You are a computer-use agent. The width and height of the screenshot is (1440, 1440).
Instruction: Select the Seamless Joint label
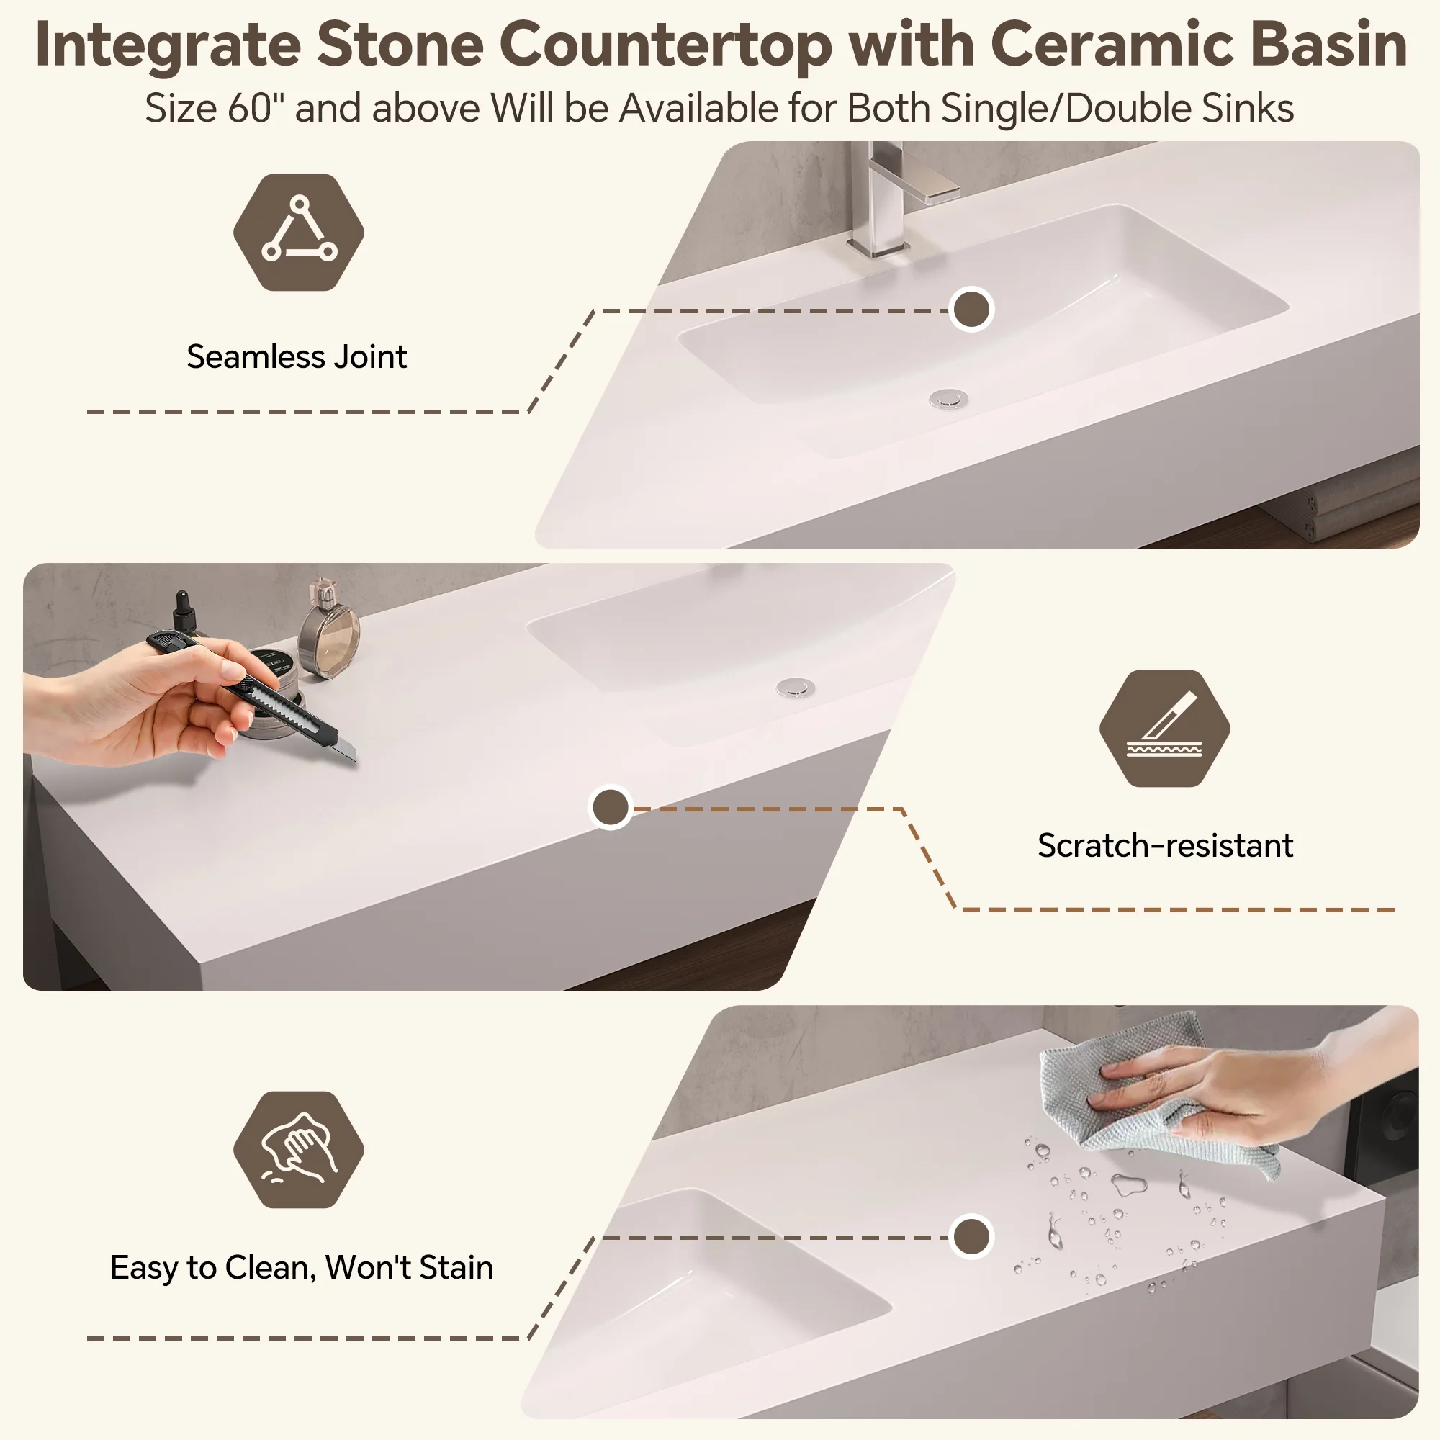[x=297, y=356]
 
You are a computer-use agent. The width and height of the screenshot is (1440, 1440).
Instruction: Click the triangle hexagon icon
[x=298, y=232]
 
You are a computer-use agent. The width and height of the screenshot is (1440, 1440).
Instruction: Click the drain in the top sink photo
[x=948, y=400]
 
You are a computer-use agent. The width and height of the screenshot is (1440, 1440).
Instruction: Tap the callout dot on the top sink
[x=971, y=310]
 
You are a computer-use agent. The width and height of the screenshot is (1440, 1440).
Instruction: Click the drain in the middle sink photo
[x=796, y=686]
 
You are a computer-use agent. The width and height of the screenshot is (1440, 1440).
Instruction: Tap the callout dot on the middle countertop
[x=611, y=807]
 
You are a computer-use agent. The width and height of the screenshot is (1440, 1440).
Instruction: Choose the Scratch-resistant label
[x=1165, y=845]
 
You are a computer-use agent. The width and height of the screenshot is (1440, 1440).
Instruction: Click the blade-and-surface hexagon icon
[x=1164, y=728]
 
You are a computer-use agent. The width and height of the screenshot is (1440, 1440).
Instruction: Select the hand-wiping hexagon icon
[x=298, y=1150]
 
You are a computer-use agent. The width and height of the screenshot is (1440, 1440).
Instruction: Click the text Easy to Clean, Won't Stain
[x=302, y=1267]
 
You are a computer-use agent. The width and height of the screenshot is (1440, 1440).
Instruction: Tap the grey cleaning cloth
[x=1148, y=1096]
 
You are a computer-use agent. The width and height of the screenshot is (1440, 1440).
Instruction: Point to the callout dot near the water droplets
[x=971, y=1236]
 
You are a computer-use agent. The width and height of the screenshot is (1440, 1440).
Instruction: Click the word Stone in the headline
[x=400, y=45]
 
